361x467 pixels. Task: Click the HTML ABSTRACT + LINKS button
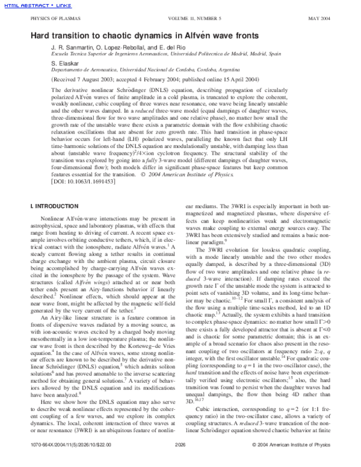pyautogui.click(x=29, y=6)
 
